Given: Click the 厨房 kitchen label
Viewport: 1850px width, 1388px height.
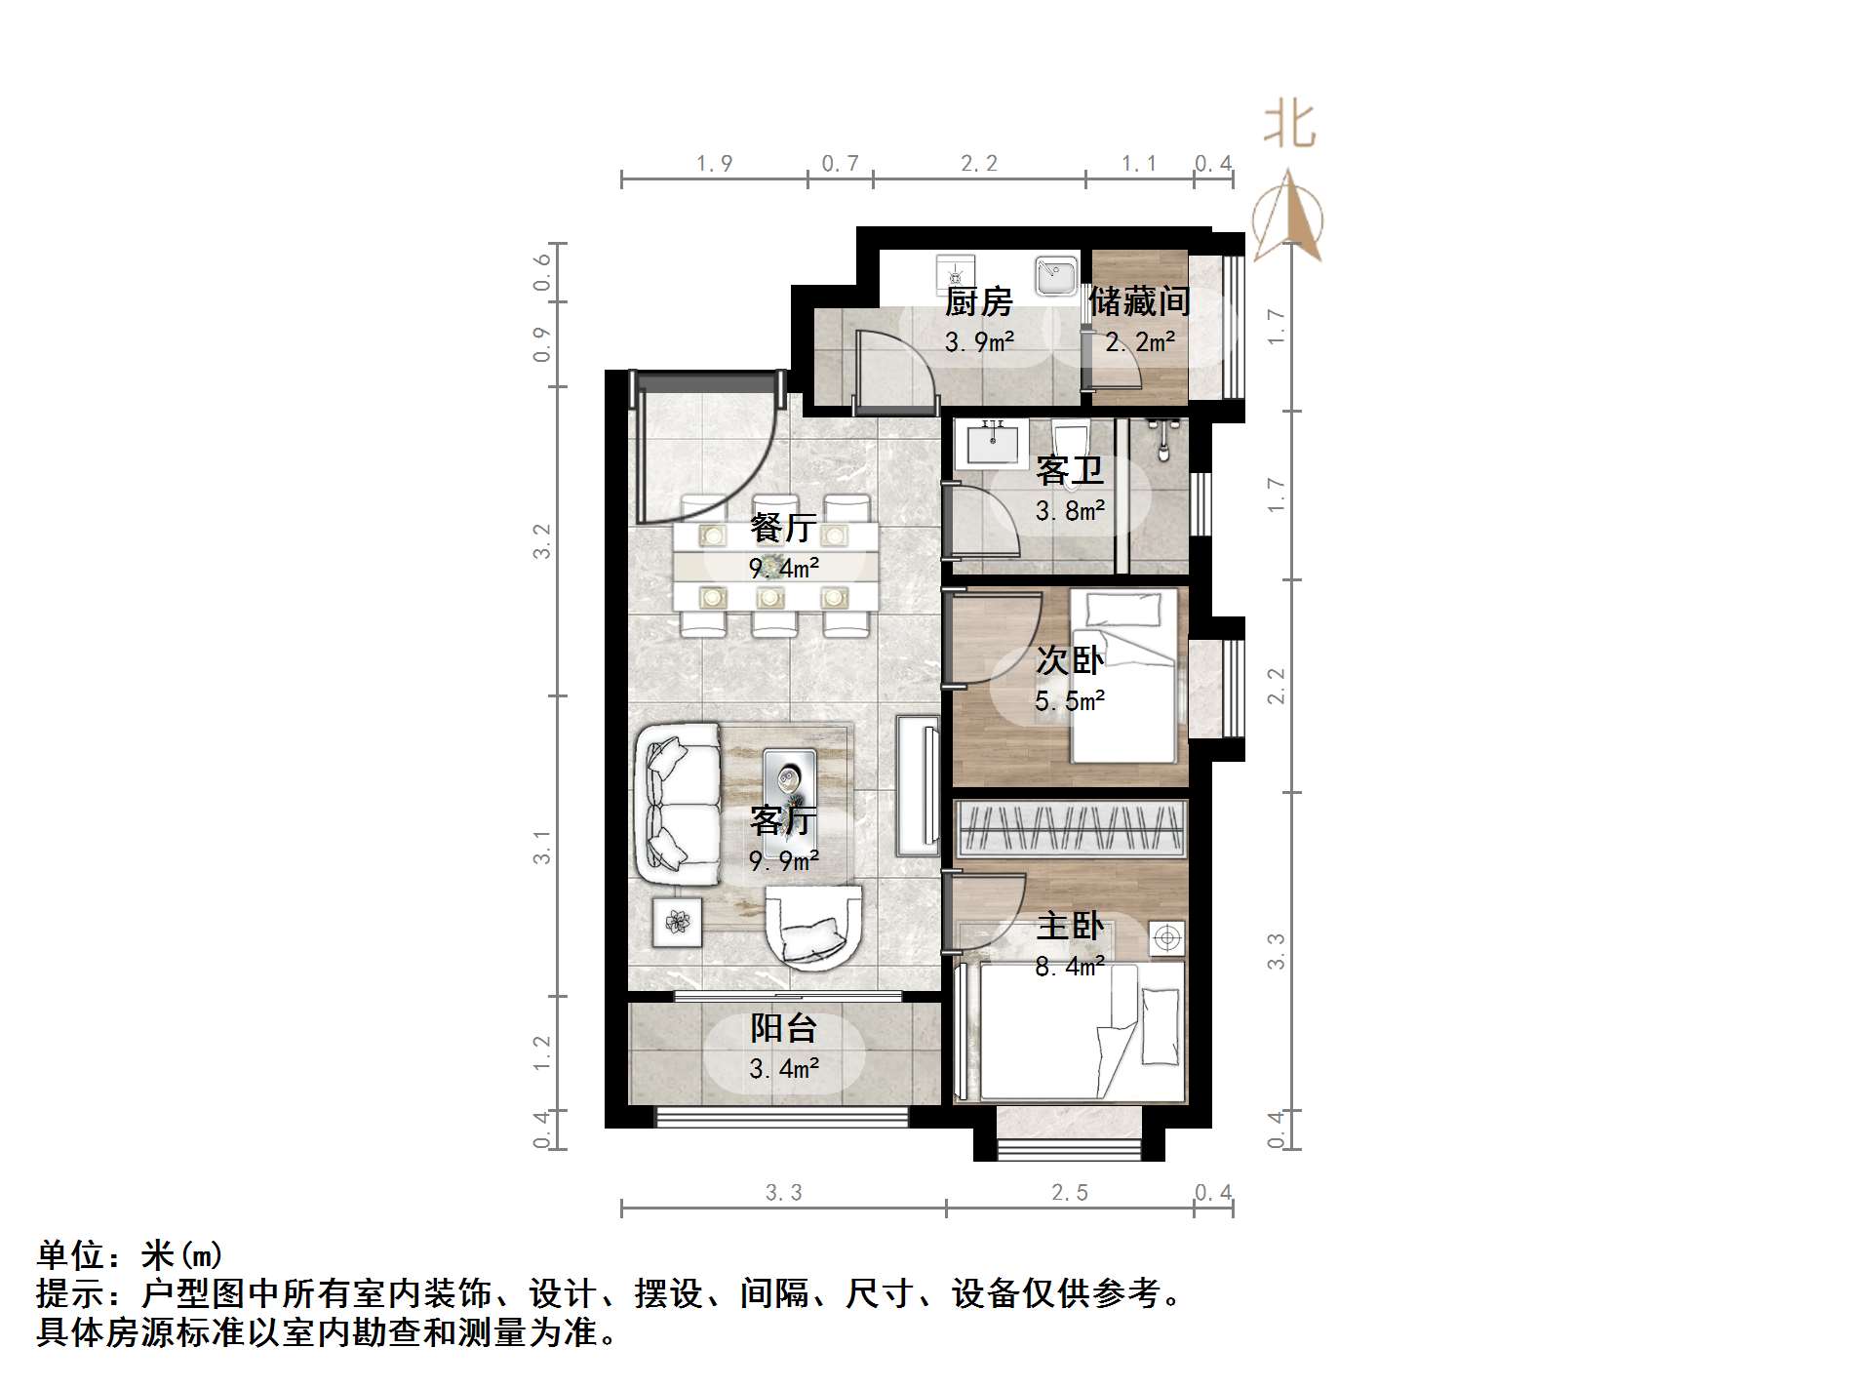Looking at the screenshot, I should click(x=978, y=302).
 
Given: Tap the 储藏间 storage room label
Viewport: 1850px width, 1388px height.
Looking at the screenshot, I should click(x=1139, y=301).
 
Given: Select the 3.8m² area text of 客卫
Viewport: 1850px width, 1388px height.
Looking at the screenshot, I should click(x=1070, y=511).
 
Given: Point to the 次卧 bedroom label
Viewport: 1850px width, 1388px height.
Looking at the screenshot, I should click(x=1069, y=660).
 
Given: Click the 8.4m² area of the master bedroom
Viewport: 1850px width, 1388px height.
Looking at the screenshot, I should click(x=1070, y=967).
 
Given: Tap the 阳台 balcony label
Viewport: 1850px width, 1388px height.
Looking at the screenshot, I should click(x=783, y=1028).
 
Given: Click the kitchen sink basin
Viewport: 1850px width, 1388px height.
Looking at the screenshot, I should click(x=1055, y=275).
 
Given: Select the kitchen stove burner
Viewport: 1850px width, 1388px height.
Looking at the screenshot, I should click(x=954, y=275).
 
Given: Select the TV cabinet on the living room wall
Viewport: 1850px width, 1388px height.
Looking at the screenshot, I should click(x=916, y=785).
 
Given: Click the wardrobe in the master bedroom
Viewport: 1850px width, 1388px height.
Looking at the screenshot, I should click(x=1070, y=828).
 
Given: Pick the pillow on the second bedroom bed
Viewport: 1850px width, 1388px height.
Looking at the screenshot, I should click(x=1124, y=610).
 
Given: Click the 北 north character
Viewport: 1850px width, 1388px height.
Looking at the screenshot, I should click(x=1289, y=126).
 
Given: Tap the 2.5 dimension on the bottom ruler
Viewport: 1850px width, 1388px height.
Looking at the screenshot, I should click(x=1069, y=1192).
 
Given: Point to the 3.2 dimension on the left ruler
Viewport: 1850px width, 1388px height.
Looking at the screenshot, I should click(x=542, y=541).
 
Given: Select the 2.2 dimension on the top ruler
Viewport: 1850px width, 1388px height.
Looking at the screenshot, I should click(x=978, y=164).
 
